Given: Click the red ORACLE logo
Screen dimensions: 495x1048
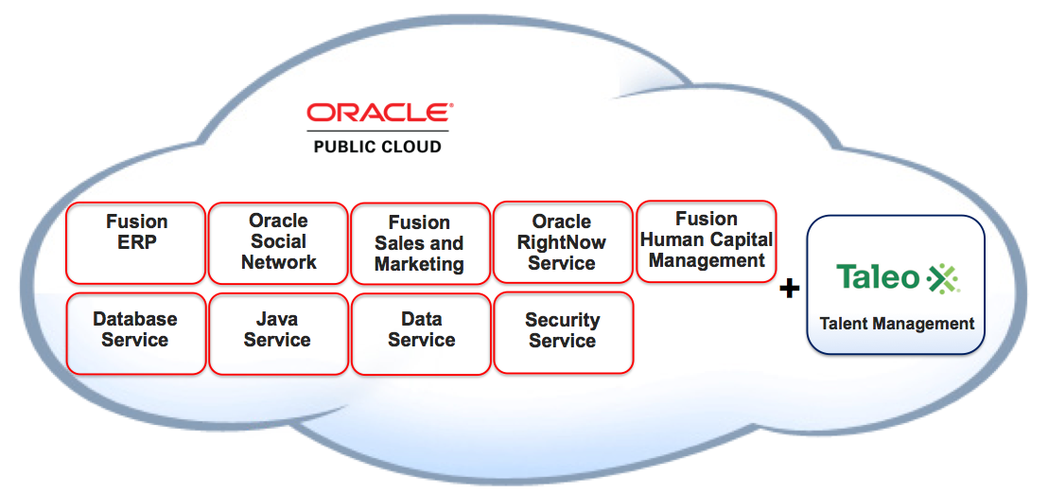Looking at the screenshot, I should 379,114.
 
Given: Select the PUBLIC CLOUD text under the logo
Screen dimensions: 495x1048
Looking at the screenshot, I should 378,147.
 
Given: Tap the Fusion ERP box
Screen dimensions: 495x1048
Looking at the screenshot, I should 136,242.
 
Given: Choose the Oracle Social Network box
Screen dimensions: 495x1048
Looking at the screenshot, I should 278,242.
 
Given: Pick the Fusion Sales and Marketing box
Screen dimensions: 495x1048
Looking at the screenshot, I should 420,243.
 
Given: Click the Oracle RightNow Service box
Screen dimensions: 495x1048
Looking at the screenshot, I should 563,242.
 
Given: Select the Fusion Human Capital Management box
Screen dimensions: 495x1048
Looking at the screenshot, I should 707,240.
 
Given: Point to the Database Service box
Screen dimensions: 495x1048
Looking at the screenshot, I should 135,332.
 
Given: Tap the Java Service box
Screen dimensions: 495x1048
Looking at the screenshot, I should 278,332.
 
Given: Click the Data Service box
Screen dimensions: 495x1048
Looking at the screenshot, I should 421,332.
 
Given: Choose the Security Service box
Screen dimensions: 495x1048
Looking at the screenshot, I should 563,332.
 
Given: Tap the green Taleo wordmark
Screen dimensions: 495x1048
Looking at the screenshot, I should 878,277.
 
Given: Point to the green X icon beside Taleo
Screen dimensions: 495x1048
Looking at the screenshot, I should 943,277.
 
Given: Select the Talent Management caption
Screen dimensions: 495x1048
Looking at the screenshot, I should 897,324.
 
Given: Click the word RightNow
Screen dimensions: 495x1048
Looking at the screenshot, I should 562,242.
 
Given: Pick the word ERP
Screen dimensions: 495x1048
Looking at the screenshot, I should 136,242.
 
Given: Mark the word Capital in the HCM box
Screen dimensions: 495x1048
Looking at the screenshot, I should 740,239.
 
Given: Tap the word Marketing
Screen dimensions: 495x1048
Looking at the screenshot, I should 419,265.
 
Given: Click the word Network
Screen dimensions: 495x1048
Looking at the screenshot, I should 278,262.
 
